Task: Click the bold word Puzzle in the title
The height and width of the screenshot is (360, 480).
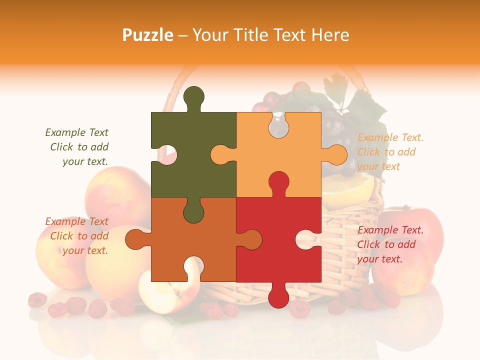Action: [x=148, y=35]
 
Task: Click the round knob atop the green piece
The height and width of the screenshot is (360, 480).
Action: [x=194, y=97]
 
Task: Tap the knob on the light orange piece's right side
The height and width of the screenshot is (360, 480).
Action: [x=336, y=154]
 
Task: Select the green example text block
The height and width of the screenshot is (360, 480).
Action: [x=78, y=147]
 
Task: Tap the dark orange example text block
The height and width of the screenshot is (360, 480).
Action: [x=78, y=236]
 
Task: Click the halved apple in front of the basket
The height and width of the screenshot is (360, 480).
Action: [x=160, y=292]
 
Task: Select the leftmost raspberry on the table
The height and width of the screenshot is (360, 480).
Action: [x=37, y=300]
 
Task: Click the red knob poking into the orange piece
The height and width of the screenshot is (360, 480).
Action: [x=278, y=182]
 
